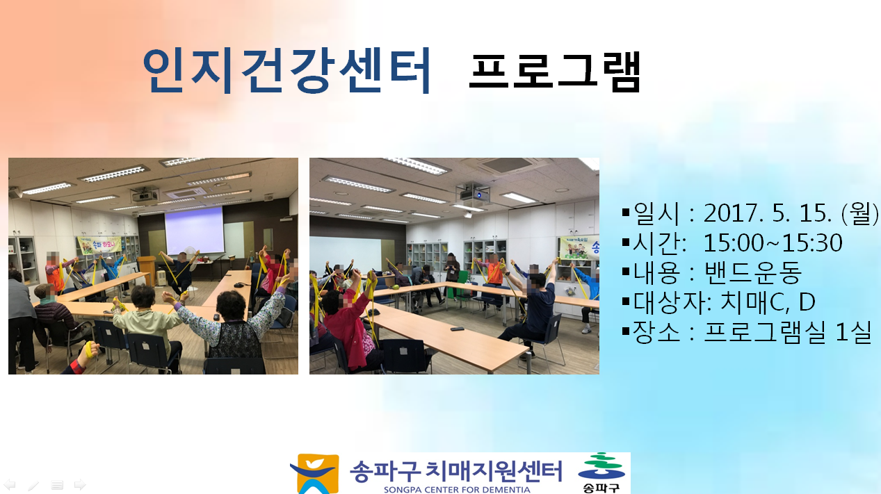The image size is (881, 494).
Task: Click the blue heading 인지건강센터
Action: tap(286, 71)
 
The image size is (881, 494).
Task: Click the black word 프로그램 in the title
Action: tap(555, 72)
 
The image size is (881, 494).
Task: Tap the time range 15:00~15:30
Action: tap(773, 243)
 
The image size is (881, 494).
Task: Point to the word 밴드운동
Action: tap(753, 272)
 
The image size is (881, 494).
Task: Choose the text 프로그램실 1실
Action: tap(787, 332)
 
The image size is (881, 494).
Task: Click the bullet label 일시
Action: tap(656, 213)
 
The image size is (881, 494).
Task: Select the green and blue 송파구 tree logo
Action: tap(601, 472)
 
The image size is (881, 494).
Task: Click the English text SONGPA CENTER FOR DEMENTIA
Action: tap(457, 490)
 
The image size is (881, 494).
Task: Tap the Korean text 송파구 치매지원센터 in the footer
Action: tap(456, 471)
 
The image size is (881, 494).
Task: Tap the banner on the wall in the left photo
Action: tap(99, 245)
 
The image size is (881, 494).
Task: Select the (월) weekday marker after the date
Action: tap(859, 213)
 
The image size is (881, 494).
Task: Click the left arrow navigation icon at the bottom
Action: tap(10, 484)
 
